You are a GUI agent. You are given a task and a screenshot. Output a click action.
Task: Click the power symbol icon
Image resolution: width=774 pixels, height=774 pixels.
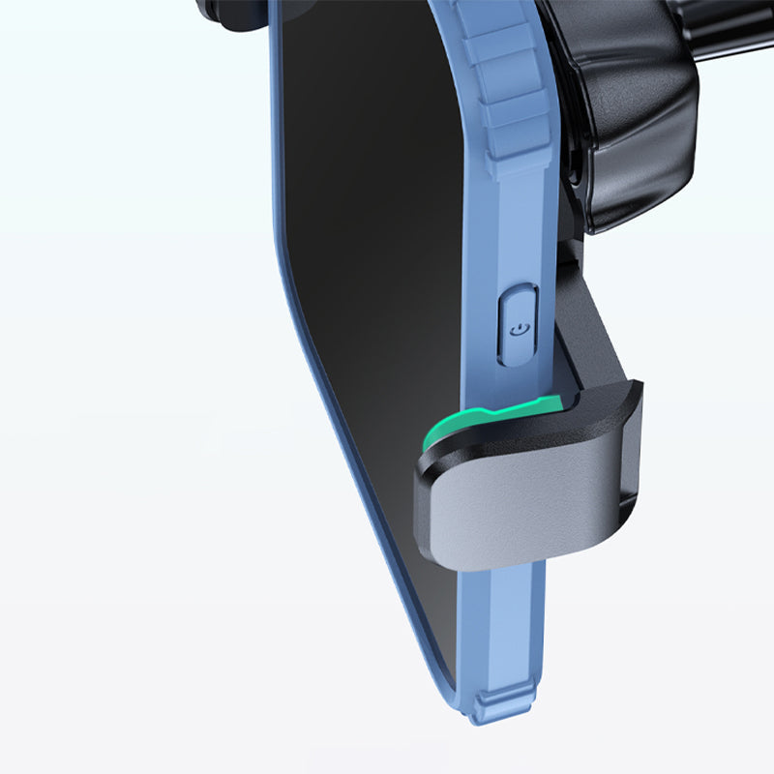tap(520, 329)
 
